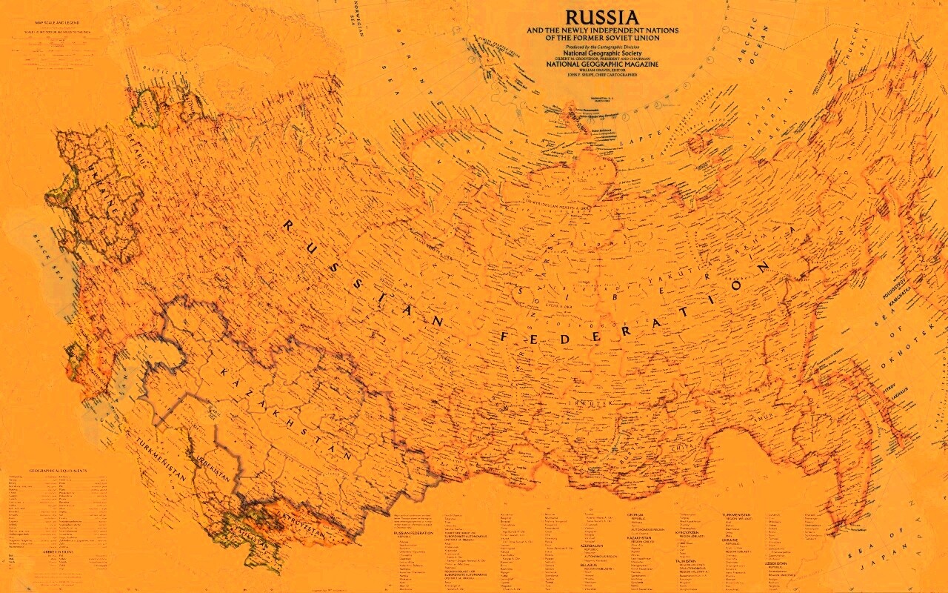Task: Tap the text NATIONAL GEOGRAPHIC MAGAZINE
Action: [601, 64]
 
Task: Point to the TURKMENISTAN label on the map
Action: [160, 459]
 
